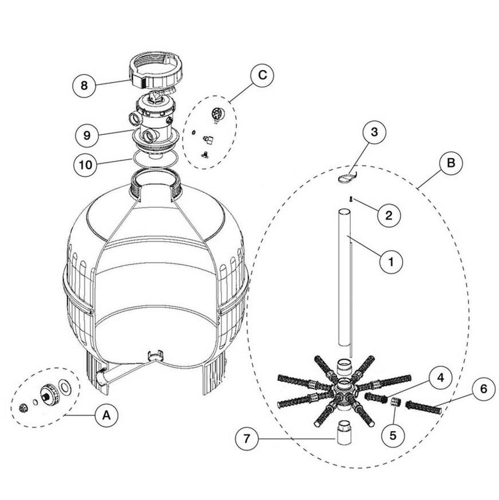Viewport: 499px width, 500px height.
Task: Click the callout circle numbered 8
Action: coord(84,85)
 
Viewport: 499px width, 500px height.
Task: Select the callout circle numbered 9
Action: coord(87,135)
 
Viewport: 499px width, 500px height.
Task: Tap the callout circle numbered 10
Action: coord(86,165)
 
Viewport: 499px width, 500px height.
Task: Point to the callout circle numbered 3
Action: coord(374,132)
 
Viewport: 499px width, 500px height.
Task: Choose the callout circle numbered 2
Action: coord(389,216)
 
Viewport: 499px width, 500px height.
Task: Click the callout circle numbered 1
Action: coord(391,262)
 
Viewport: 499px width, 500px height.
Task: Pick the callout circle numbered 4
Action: coord(440,378)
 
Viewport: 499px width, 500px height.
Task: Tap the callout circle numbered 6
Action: coord(483,389)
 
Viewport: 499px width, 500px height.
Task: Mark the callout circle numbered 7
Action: coord(247,439)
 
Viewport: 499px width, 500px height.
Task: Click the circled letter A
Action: coord(106,415)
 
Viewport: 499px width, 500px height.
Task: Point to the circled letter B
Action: coord(451,163)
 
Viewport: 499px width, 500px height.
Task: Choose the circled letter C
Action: coord(262,75)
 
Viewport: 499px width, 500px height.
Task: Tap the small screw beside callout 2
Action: coord(351,199)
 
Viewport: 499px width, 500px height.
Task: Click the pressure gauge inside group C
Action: coord(217,114)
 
